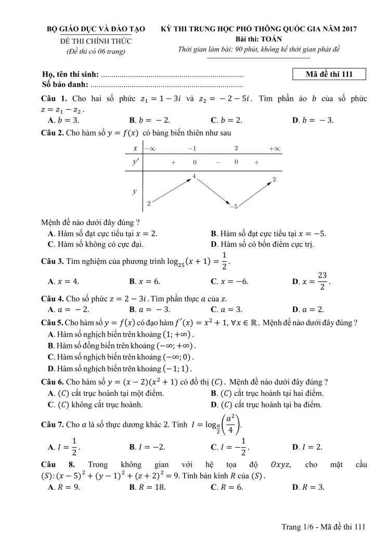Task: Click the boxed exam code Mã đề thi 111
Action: tap(329, 74)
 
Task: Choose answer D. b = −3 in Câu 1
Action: tap(313, 120)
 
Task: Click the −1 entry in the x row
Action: tap(192, 149)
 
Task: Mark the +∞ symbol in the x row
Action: tap(275, 149)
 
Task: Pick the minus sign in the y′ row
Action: tap(218, 163)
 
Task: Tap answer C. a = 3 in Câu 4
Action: tap(226, 309)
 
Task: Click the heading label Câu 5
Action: tap(52, 322)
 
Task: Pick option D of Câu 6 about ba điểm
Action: tap(266, 405)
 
